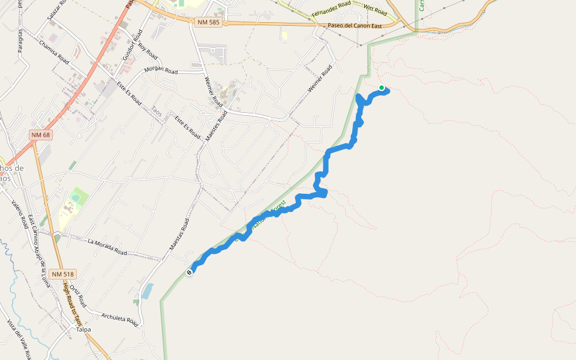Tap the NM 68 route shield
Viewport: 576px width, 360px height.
click(41, 135)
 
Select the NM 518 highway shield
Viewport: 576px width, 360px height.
click(63, 274)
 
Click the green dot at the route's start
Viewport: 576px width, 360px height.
click(382, 88)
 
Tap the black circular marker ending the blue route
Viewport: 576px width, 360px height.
click(190, 272)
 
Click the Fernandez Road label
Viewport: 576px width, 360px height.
click(331, 10)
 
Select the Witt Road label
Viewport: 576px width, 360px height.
click(376, 11)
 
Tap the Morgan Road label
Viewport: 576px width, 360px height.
click(161, 71)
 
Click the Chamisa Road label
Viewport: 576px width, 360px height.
click(54, 52)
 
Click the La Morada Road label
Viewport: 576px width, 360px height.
click(107, 247)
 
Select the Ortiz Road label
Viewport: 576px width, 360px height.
click(79, 298)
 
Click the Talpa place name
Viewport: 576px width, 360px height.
click(83, 329)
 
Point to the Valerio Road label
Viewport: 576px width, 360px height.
click(19, 214)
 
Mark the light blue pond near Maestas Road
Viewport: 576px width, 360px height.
click(148, 291)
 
